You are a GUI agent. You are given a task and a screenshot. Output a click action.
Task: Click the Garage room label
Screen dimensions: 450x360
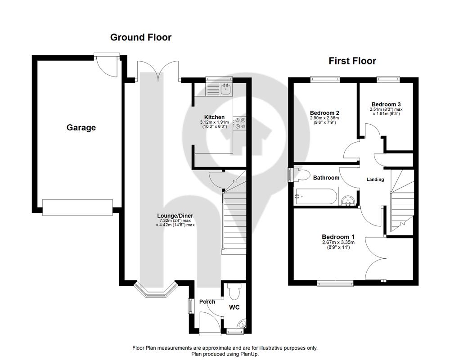[x=81, y=128]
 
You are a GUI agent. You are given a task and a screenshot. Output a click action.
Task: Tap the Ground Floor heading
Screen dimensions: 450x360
[x=140, y=37]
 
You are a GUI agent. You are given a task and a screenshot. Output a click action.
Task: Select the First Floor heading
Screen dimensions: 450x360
[x=352, y=61]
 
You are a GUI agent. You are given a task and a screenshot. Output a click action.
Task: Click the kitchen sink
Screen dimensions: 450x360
[x=226, y=89]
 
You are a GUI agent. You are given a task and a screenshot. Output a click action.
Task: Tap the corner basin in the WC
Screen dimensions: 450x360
[x=242, y=324]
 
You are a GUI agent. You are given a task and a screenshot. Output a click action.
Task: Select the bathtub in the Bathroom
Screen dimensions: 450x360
[x=316, y=196]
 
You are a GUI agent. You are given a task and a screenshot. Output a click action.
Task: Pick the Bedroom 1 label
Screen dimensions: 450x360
[x=338, y=237]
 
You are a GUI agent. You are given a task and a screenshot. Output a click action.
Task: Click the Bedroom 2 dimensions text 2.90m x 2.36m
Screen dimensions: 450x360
[x=324, y=118]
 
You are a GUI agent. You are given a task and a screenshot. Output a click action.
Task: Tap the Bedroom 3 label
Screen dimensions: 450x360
[x=386, y=104]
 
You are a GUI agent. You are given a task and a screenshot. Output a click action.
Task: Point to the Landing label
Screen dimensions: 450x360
[x=375, y=180]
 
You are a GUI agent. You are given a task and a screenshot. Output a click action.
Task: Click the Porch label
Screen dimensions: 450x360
[x=207, y=301]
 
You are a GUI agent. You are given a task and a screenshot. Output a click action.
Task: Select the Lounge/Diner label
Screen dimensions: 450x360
[x=175, y=216]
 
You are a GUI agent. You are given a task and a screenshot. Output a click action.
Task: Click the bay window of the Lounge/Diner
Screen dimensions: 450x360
[x=156, y=289]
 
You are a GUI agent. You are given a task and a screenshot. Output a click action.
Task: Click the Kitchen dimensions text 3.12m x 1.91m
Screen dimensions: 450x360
[x=214, y=122]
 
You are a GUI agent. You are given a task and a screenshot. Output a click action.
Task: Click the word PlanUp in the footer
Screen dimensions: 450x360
[x=250, y=354]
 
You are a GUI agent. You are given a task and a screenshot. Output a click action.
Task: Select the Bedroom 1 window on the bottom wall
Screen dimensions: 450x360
[x=335, y=283]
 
